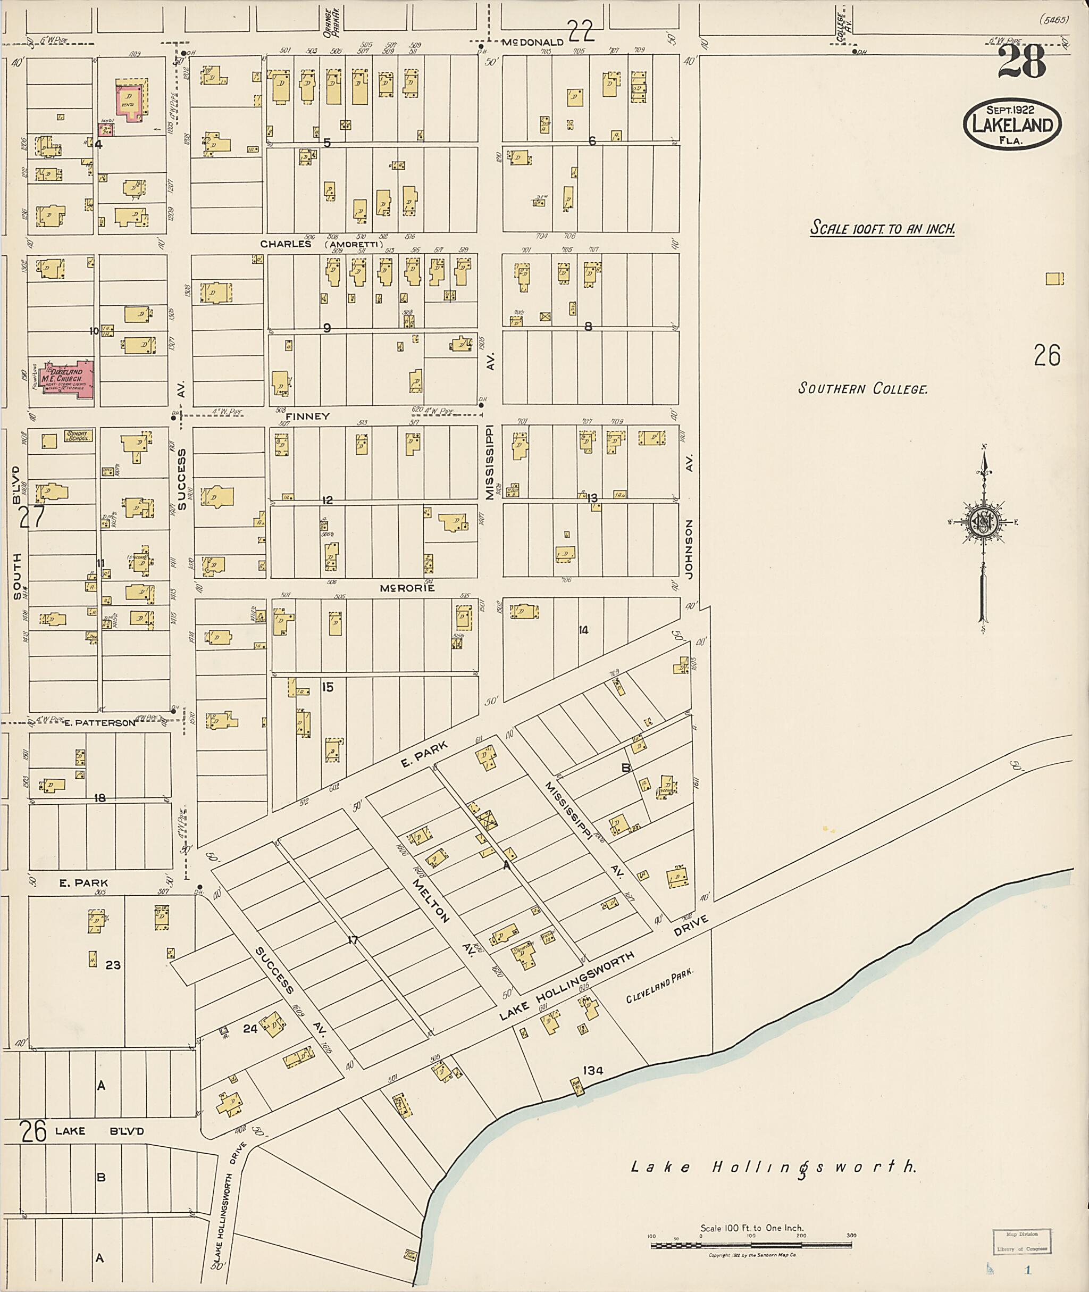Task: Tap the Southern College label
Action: tap(862, 388)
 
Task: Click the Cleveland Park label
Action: tap(660, 985)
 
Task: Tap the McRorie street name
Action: tap(407, 588)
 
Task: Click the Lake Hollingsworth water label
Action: tap(774, 1167)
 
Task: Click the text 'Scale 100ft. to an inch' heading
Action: tap(882, 229)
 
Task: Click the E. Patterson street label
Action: tap(99, 722)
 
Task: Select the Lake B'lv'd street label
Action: tap(99, 1131)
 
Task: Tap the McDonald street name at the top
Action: tap(532, 42)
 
